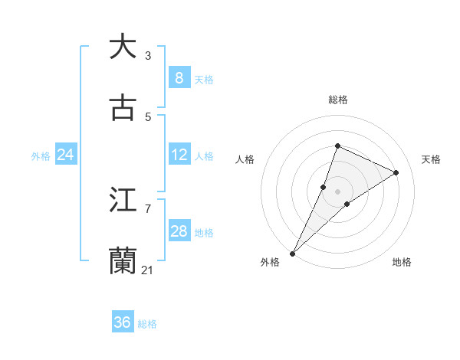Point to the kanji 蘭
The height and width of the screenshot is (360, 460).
123,260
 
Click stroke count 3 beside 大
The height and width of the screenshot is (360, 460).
148,55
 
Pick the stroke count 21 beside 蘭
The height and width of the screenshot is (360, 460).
148,270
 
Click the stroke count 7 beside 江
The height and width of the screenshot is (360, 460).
148,208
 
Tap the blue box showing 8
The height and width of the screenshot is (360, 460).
179,78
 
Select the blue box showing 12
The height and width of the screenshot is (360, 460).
179,155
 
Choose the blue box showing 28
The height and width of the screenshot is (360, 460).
179,231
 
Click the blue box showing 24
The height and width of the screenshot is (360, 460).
65,155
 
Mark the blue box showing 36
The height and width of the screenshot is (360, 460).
123,322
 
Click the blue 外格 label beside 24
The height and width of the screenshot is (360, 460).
41,155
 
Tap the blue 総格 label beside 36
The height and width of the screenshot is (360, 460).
147,324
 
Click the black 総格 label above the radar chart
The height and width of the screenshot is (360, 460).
337,100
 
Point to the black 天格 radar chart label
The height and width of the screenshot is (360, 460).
431,159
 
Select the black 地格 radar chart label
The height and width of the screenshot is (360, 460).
402,262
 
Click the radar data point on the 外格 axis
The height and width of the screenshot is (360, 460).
293,253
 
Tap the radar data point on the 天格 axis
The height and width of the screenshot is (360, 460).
396,172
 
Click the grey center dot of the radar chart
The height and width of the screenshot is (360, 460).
337,191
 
